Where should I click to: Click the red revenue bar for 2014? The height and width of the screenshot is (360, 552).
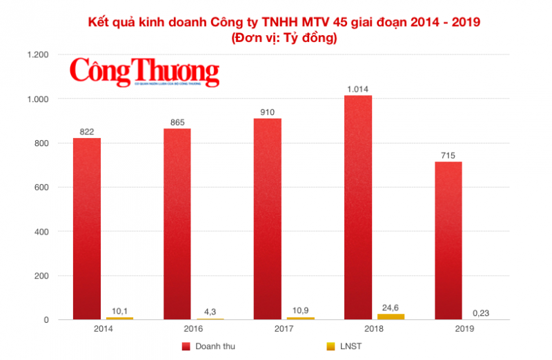click(x=87, y=229)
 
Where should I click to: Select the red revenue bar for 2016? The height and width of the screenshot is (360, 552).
click(x=177, y=224)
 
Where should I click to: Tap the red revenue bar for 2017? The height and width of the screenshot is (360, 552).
click(x=268, y=219)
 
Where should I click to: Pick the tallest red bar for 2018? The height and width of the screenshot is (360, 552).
click(x=358, y=208)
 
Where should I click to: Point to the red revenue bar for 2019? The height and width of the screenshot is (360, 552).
click(x=448, y=241)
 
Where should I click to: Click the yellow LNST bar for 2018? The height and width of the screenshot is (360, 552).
click(x=391, y=317)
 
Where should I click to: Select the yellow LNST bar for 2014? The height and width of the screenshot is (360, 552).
click(x=119, y=318)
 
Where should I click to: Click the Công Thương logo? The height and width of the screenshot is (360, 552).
click(x=144, y=71)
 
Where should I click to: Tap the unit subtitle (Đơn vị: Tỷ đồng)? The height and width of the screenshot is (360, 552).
click(x=285, y=39)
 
